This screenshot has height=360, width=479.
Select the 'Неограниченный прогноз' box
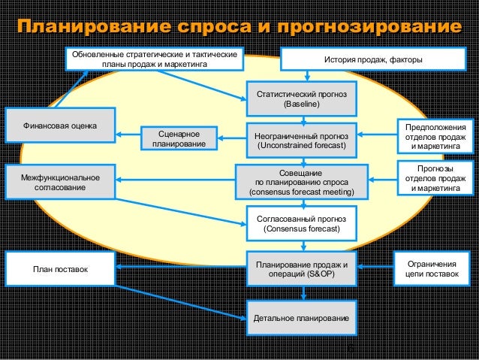point(302,140)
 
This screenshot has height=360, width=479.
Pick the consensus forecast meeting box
point(302,182)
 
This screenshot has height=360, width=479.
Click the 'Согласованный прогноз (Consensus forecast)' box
point(302,222)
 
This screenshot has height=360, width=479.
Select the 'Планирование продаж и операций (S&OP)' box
point(302,269)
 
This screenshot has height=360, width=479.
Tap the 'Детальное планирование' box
point(302,319)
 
